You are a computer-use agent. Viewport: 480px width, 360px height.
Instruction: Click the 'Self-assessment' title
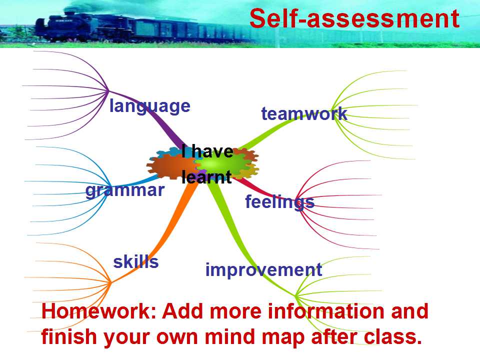coord(354,18)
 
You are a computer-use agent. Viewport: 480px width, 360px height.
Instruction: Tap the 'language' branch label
coord(150,106)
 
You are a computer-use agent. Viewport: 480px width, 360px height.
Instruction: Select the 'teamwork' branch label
coord(304,114)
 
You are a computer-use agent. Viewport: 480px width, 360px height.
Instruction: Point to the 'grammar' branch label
coord(125,190)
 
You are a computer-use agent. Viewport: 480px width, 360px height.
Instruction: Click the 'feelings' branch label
coord(280,202)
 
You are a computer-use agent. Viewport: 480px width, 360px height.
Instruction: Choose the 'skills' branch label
coord(136,261)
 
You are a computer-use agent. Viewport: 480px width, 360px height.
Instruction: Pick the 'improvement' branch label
coord(263,270)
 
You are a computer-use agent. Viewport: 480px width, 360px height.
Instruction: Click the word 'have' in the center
coord(212,151)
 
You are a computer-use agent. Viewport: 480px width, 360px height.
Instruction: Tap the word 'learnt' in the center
coord(206,177)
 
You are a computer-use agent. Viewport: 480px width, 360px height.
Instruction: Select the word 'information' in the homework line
coord(325,311)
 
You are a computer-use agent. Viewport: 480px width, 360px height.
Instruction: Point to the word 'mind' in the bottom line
coord(230,336)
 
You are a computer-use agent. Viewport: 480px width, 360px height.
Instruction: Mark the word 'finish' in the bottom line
coord(70,336)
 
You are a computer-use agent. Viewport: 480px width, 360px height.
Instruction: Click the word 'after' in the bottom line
coord(334,336)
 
